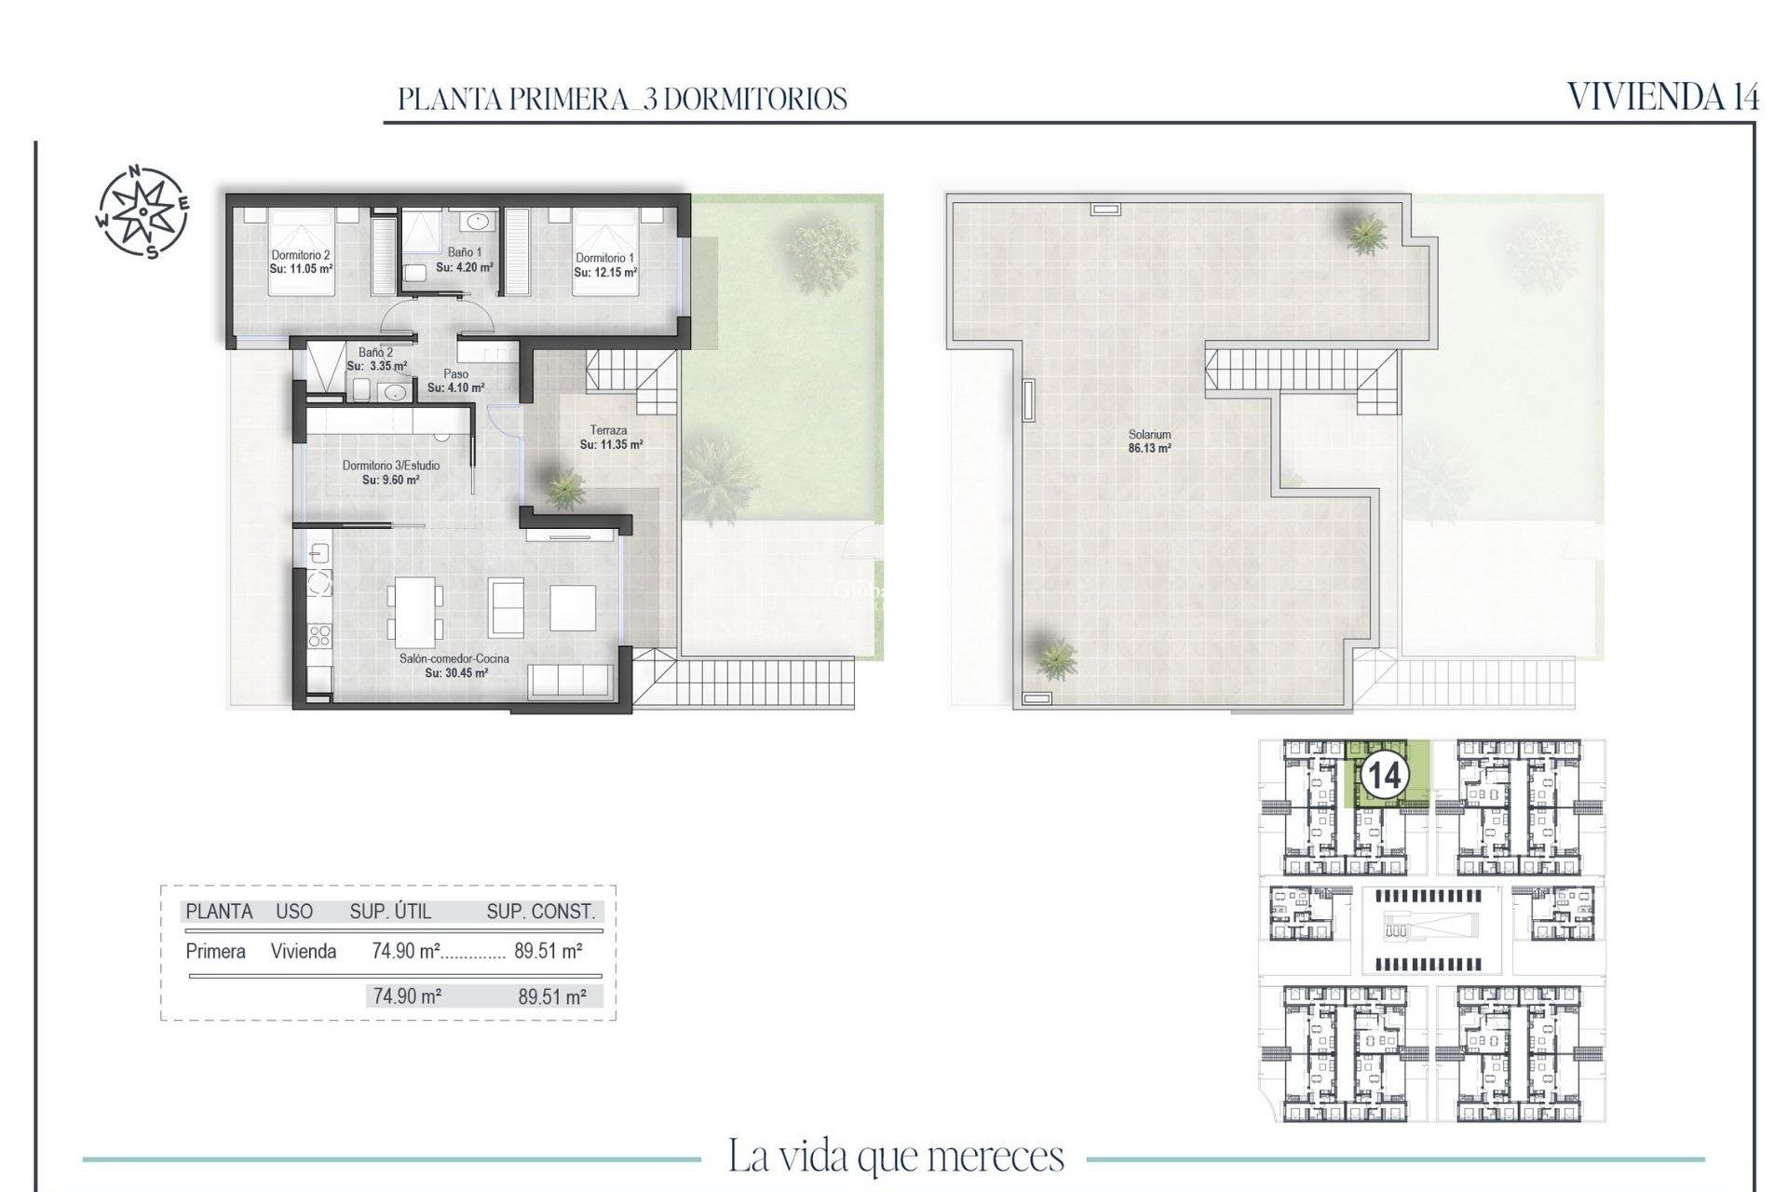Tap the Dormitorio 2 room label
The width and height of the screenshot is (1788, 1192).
pyautogui.click(x=301, y=255)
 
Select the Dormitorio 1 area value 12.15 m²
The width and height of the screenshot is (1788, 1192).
pyautogui.click(x=605, y=273)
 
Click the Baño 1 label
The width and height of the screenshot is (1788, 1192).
pyautogui.click(x=465, y=252)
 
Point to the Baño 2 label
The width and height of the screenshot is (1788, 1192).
pyautogui.click(x=375, y=353)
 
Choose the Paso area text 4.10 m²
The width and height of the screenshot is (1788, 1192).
pyautogui.click(x=455, y=387)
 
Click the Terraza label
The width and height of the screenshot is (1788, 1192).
pyautogui.click(x=608, y=430)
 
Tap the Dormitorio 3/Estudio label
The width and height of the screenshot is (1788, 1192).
pyautogui.click(x=391, y=466)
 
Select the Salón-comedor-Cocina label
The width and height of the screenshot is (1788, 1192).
pyautogui.click(x=454, y=658)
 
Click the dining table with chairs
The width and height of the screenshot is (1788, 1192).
pyautogui.click(x=415, y=612)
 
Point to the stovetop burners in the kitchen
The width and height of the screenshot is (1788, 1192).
pyautogui.click(x=319, y=636)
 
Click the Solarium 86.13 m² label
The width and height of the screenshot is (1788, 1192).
pyautogui.click(x=1149, y=441)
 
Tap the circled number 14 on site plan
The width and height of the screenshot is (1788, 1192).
pyautogui.click(x=1384, y=775)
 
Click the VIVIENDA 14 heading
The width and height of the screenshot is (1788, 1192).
pyautogui.click(x=1662, y=97)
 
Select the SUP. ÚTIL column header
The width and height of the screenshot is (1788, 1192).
pyautogui.click(x=390, y=912)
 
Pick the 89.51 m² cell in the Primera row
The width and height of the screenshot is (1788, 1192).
pyautogui.click(x=549, y=951)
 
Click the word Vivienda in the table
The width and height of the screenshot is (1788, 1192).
pyautogui.click(x=303, y=951)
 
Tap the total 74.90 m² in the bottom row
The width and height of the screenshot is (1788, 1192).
pyautogui.click(x=407, y=996)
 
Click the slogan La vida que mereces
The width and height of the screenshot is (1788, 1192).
pyautogui.click(x=895, y=1157)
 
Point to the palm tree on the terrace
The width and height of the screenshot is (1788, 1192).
pyautogui.click(x=563, y=488)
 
